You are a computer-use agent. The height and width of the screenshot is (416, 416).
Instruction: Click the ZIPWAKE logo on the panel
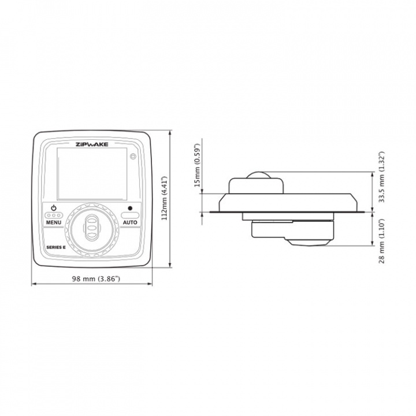pyautogui.click(x=92, y=144)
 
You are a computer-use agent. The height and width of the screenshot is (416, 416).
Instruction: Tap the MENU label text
pyautogui.click(x=54, y=222)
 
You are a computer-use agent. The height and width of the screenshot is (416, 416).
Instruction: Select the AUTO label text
pyautogui.click(x=130, y=222)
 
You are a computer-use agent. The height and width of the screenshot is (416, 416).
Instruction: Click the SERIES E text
pyautogui.click(x=56, y=247)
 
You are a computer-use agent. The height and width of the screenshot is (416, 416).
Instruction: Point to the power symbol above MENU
pyautogui.click(x=54, y=208)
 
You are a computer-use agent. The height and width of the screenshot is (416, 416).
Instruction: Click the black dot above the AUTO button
pyautogui.click(x=130, y=208)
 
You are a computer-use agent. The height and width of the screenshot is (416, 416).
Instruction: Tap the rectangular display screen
pyautogui.click(x=92, y=174)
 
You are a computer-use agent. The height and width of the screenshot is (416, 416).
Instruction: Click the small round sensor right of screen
pyautogui.click(x=133, y=157)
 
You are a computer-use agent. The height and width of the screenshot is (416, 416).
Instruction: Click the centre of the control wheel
pyautogui.click(x=92, y=228)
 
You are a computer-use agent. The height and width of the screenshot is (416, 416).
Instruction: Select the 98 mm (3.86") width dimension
pyautogui.click(x=96, y=278)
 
